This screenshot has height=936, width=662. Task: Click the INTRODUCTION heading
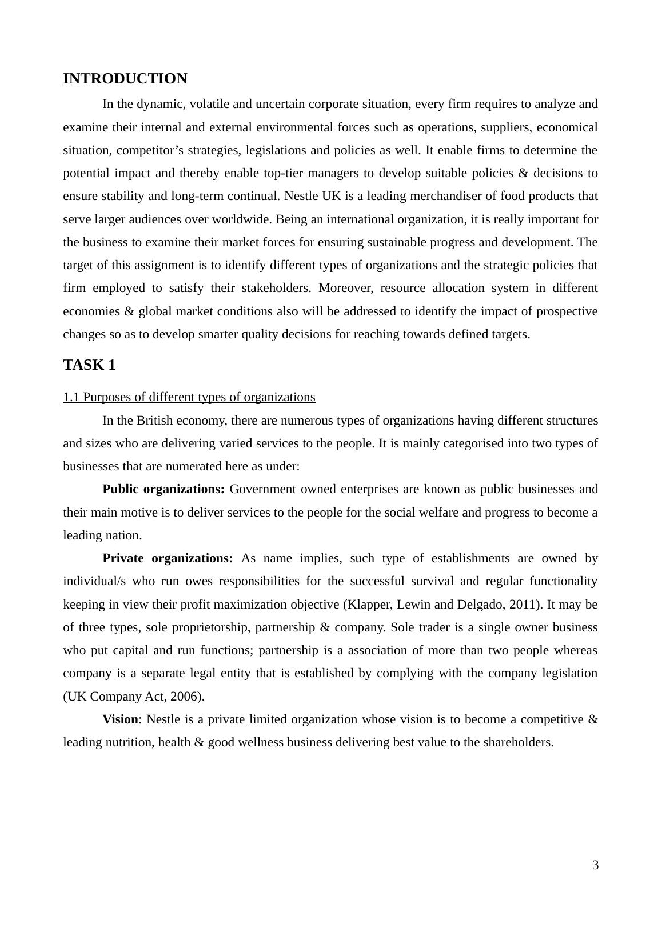point(125,79)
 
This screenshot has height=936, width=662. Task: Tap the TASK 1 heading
point(89,365)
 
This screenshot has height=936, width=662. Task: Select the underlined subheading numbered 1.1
point(189,397)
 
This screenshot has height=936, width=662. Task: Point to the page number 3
point(595,865)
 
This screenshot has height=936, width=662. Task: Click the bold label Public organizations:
point(163,490)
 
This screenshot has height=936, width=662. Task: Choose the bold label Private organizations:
point(168,558)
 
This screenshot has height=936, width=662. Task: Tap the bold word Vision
point(120,719)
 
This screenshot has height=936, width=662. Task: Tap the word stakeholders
point(273,288)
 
